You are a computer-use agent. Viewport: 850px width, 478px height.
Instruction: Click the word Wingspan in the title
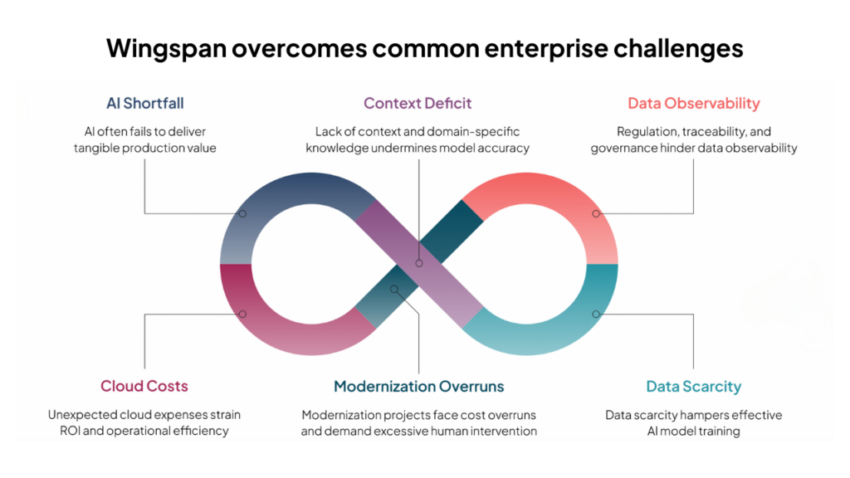166,49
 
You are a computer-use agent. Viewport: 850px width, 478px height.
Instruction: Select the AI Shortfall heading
144,103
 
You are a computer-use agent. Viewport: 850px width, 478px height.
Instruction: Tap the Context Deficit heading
418,103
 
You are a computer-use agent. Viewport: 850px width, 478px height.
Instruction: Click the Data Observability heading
694,103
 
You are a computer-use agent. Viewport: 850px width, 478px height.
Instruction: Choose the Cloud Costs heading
144,386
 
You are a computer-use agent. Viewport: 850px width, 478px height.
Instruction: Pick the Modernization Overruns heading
418,387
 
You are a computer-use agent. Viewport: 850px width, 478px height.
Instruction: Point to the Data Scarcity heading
693,387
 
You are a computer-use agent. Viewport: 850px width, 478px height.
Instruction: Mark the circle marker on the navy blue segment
242,213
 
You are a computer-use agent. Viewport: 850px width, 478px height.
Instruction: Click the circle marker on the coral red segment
596,213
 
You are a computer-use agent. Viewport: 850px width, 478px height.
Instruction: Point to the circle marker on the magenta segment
242,314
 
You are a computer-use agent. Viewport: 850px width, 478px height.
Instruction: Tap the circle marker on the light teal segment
596,314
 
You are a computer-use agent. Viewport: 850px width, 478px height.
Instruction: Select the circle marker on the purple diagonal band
419,263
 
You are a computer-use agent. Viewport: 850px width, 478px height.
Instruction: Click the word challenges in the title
678,49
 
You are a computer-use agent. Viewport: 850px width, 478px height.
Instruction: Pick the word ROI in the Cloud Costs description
70,431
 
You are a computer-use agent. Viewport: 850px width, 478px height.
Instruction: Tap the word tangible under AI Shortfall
96,148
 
